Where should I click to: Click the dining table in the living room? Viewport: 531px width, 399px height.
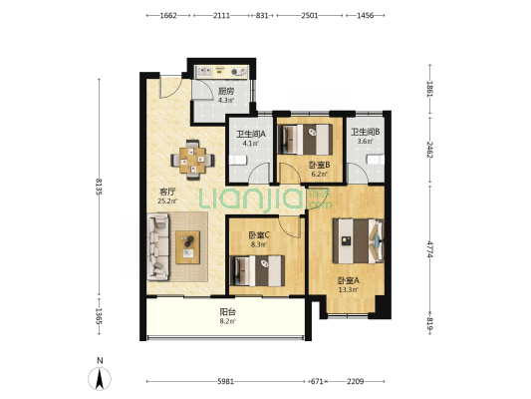192,160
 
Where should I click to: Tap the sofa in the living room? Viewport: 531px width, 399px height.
157,246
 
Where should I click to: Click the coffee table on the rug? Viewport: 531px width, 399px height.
187,247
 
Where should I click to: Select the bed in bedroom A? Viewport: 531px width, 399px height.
359,240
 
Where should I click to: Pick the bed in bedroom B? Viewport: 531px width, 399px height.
305,140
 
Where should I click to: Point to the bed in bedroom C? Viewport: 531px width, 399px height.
257,270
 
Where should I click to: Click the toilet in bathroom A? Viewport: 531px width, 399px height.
238,160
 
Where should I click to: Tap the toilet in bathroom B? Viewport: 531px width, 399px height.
376,160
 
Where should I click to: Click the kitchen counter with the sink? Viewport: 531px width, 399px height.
222,72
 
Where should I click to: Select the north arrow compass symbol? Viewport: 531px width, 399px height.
100,378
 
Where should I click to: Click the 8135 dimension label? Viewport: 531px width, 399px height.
99,187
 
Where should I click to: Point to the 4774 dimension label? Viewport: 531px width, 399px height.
429,249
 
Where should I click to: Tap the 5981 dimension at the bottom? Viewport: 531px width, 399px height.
225,382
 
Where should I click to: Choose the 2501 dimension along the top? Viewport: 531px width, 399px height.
310,16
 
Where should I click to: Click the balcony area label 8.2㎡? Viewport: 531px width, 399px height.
227,321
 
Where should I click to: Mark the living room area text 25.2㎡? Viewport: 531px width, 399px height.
167,201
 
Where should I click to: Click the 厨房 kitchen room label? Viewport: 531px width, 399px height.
226,91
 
